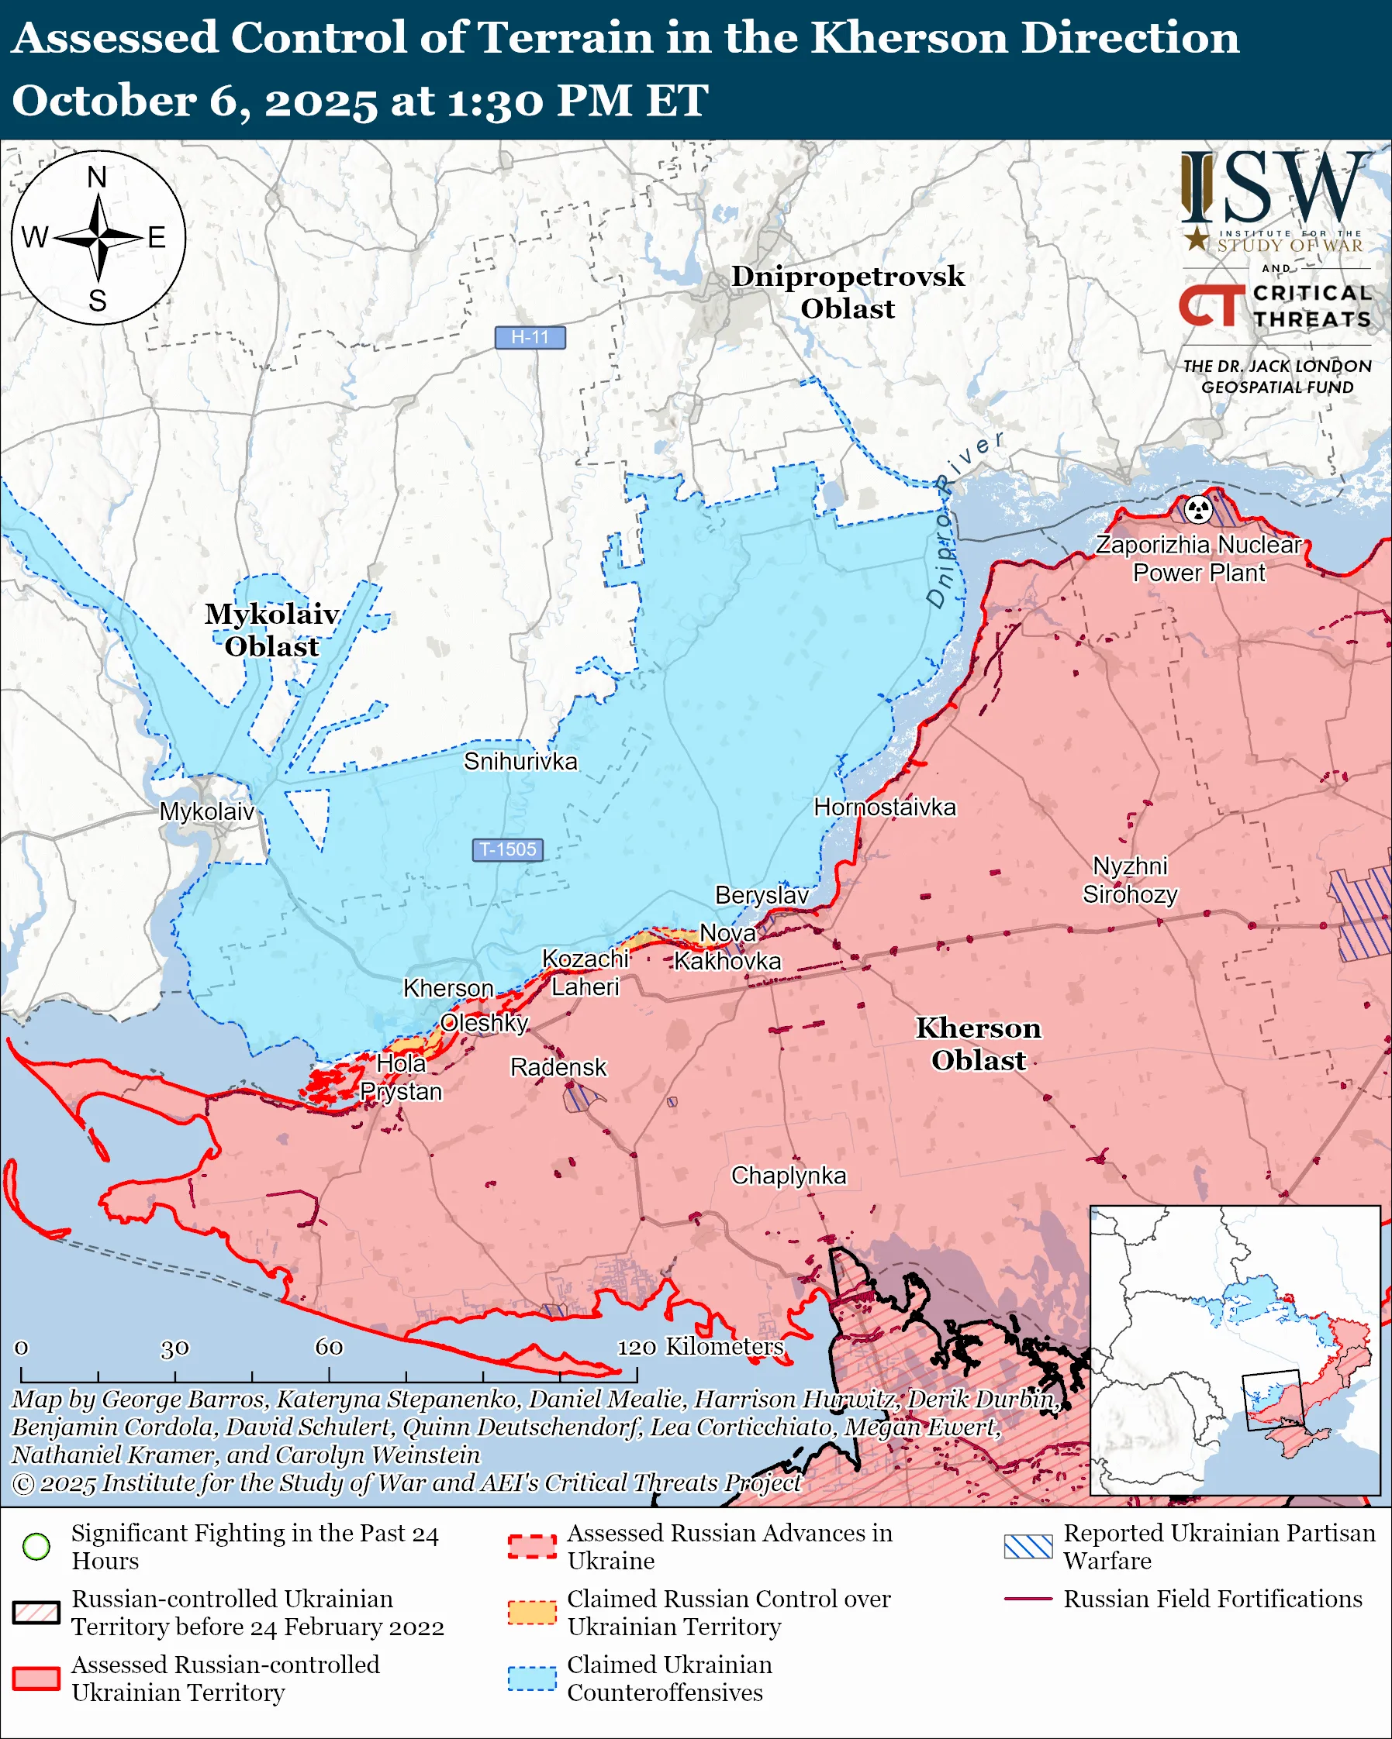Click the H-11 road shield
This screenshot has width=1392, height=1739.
[530, 337]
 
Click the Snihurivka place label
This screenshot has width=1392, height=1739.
[520, 762]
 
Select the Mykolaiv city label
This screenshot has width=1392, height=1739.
[206, 811]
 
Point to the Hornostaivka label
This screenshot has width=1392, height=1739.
[884, 808]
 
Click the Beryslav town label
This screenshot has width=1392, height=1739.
[761, 895]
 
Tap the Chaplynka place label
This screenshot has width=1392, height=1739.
[789, 1175]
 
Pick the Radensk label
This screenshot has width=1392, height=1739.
[558, 1067]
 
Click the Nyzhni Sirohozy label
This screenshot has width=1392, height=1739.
[1130, 880]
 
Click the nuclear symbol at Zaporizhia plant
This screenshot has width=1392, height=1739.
[1198, 509]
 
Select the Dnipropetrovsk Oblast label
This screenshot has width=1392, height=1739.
[848, 292]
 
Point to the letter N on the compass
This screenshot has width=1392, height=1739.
[97, 177]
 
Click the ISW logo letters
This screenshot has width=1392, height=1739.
[1275, 190]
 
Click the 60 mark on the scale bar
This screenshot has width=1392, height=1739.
[329, 1347]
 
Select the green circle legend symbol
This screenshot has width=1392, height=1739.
[36, 1546]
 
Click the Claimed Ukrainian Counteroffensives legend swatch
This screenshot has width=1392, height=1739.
[532, 1678]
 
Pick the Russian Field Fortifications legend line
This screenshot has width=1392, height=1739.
[1028, 1599]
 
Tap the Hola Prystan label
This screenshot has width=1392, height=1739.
[401, 1078]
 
